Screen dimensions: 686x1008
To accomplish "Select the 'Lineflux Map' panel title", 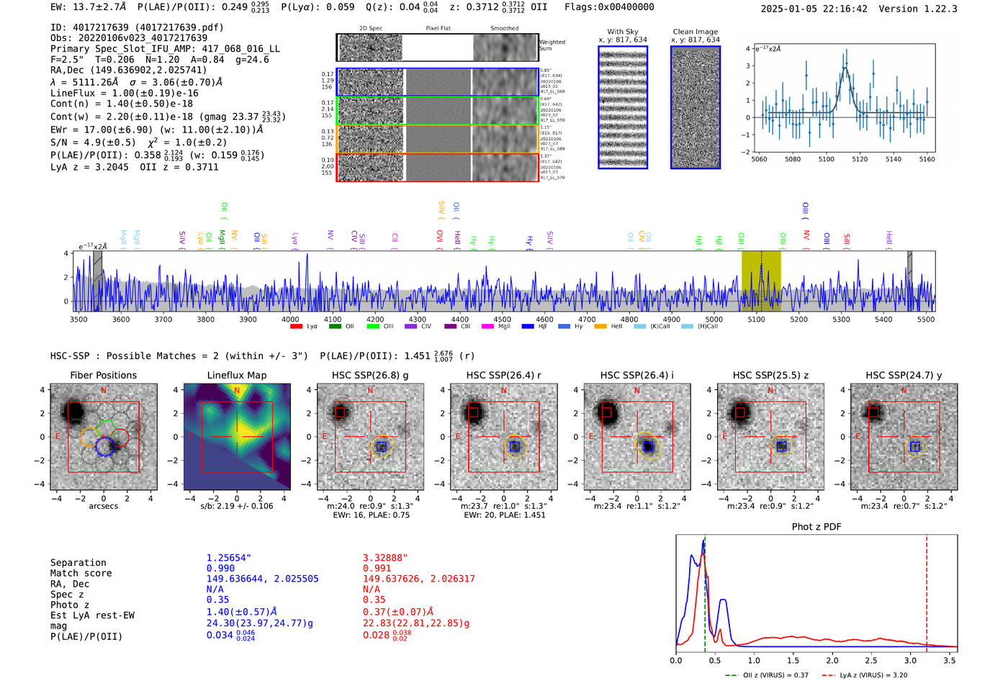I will [236, 375].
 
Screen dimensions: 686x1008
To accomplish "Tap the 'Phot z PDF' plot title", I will [816, 527].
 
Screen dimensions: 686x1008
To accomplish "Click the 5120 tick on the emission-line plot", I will [860, 159].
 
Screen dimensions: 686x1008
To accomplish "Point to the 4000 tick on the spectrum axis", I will [290, 320].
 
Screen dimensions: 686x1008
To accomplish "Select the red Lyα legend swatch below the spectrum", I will [296, 327].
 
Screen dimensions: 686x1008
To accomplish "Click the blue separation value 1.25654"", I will [229, 558].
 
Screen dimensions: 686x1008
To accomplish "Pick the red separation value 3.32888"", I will [385, 558].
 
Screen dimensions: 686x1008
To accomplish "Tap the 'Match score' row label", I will [81, 573].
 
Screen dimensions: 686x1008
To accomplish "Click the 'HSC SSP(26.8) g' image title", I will [370, 375].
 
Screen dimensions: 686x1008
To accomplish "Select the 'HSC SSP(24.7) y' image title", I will [904, 375].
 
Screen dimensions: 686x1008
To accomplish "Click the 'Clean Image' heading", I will [695, 32].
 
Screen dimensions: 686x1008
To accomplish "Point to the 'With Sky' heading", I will [622, 32].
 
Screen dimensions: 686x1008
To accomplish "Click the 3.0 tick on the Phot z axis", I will [910, 660].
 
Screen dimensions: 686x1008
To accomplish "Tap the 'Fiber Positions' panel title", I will [103, 375].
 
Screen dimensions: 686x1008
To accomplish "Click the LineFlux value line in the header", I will [124, 93].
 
